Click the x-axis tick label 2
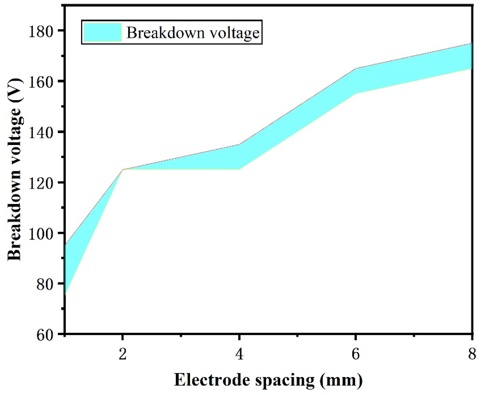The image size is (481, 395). (123, 355)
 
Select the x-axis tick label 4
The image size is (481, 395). (239, 355)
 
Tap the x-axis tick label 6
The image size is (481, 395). (355, 355)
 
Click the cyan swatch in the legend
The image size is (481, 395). (103, 32)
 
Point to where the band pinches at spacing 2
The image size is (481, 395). (123, 170)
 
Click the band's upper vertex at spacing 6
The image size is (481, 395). (356, 69)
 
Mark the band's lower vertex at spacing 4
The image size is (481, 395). (239, 169)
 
